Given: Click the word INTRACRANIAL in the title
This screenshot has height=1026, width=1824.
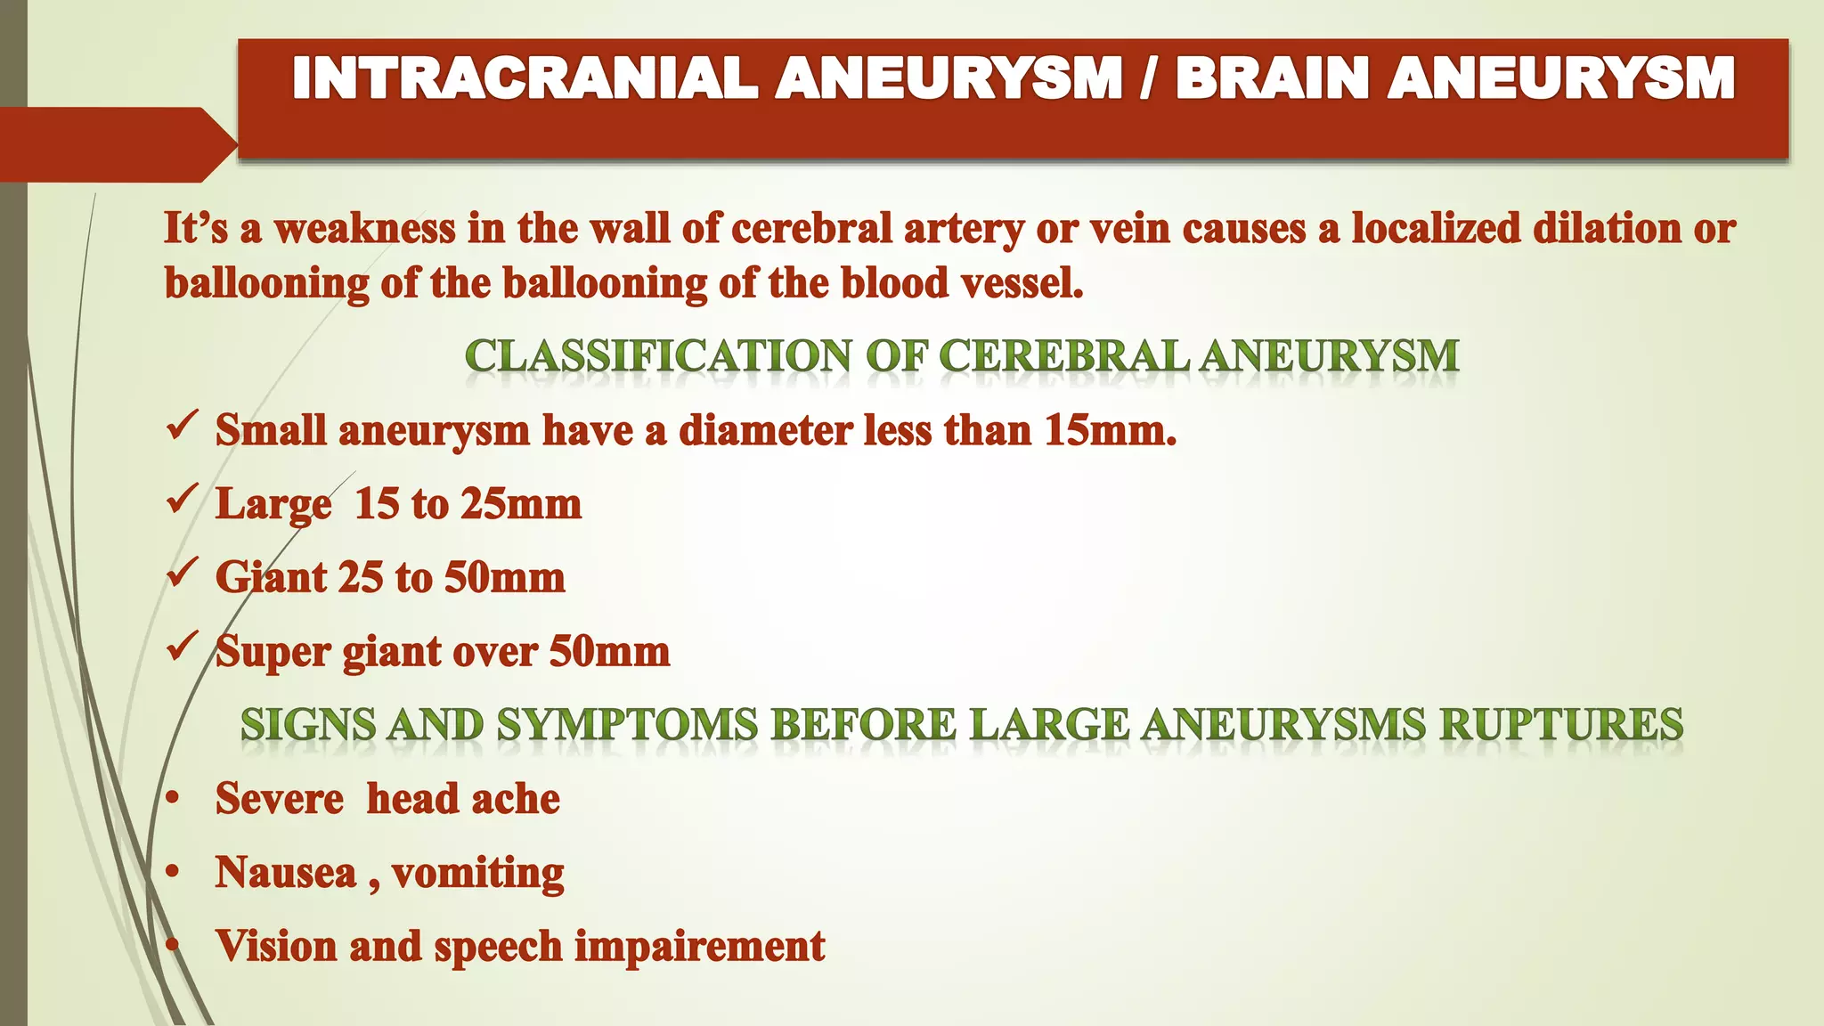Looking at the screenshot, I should [x=525, y=78].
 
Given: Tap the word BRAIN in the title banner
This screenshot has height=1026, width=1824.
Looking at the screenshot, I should [x=1272, y=78].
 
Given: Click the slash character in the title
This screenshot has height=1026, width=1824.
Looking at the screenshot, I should [x=1148, y=78].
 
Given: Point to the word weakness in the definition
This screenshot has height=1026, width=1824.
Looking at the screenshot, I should [x=364, y=229].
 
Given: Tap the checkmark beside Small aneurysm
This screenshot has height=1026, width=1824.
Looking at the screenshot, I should [x=181, y=426].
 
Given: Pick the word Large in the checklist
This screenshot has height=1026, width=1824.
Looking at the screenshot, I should [x=273, y=505].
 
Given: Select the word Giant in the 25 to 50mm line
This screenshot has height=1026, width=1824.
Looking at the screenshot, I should [x=271, y=578].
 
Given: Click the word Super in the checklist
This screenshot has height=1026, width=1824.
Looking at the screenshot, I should [x=272, y=652].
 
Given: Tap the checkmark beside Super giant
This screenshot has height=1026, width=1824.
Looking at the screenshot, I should [x=181, y=647].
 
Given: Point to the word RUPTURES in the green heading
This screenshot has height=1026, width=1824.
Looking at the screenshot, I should [x=1561, y=724].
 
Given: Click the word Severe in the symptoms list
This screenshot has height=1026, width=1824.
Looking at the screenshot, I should [x=279, y=798].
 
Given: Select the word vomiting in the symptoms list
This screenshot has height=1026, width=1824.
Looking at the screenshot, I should [x=477, y=873].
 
